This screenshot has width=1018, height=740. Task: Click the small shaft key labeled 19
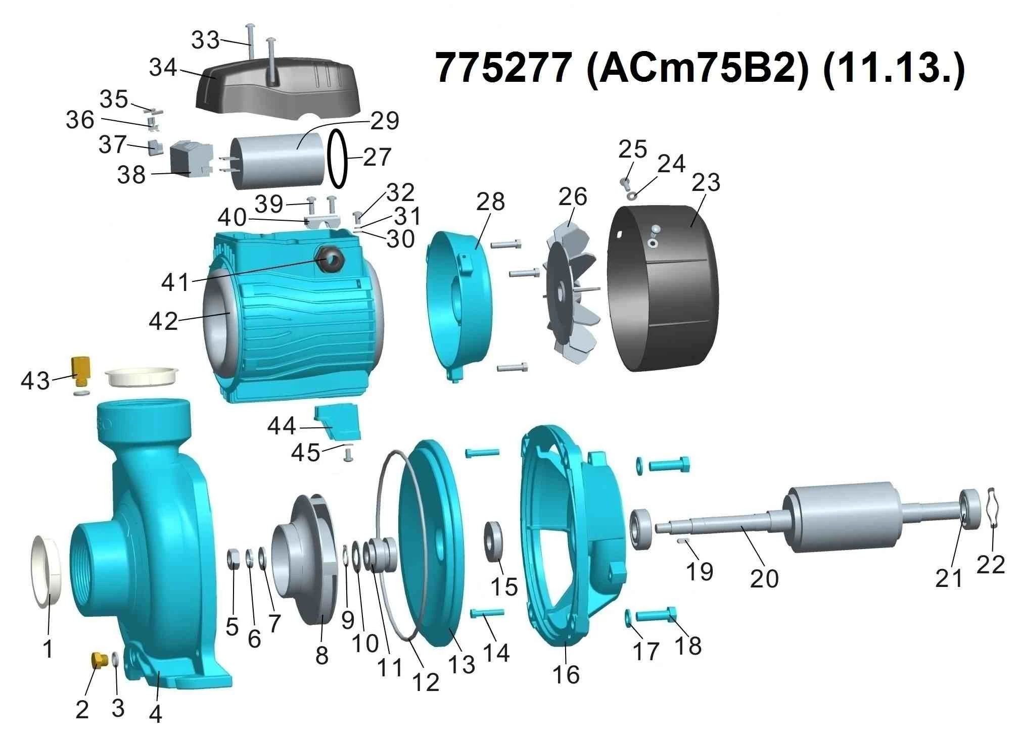coord(683,540)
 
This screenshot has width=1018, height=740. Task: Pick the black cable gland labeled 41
coord(331,261)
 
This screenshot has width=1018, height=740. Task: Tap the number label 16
coord(566,674)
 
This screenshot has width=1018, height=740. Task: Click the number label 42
coord(163,321)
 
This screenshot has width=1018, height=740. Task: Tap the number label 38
coord(131,175)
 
